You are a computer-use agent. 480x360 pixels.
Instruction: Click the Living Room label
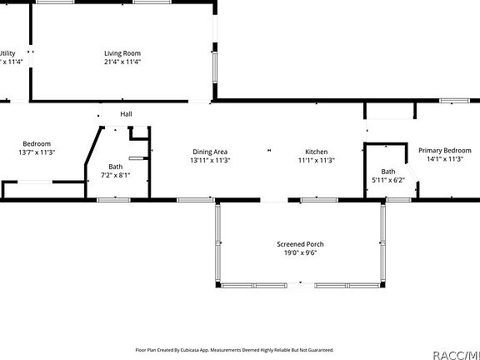point(122,52)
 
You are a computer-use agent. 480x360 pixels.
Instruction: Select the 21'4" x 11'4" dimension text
point(122,62)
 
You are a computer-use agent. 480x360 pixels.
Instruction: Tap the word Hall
point(126,114)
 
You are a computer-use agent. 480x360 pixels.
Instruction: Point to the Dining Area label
point(210,152)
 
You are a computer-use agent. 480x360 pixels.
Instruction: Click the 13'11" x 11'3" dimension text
point(210,161)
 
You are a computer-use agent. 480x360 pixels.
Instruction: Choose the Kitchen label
point(316,152)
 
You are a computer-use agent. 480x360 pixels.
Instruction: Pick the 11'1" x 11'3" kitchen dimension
point(316,161)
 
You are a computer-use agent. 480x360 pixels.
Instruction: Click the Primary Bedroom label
point(444,150)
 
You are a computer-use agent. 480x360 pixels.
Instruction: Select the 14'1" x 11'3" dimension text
point(444,159)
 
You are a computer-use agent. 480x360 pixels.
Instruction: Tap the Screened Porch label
point(300,244)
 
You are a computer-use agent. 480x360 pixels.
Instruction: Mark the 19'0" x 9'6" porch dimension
point(300,253)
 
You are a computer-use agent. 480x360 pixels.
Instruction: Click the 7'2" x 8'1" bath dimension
point(115,175)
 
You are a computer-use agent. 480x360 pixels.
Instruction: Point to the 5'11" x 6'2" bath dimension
point(387,180)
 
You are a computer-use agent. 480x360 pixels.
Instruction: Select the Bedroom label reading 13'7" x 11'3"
point(37,143)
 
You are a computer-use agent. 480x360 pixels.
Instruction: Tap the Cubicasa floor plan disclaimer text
point(234,350)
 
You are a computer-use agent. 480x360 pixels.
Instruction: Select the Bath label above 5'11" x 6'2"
point(387,171)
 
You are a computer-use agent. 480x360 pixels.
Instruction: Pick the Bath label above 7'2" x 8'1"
point(115,166)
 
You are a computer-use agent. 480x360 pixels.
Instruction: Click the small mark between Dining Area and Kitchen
point(268,151)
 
